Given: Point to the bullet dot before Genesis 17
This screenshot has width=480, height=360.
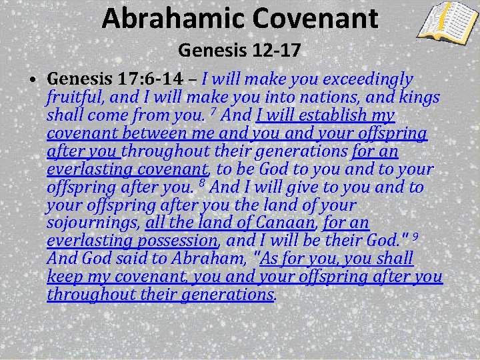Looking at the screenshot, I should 33,81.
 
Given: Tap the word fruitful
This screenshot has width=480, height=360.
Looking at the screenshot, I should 73,98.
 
